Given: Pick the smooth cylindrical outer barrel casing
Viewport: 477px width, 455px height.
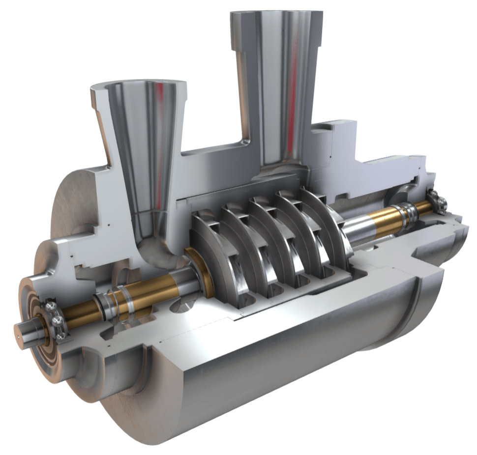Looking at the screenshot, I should [x=275, y=364].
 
